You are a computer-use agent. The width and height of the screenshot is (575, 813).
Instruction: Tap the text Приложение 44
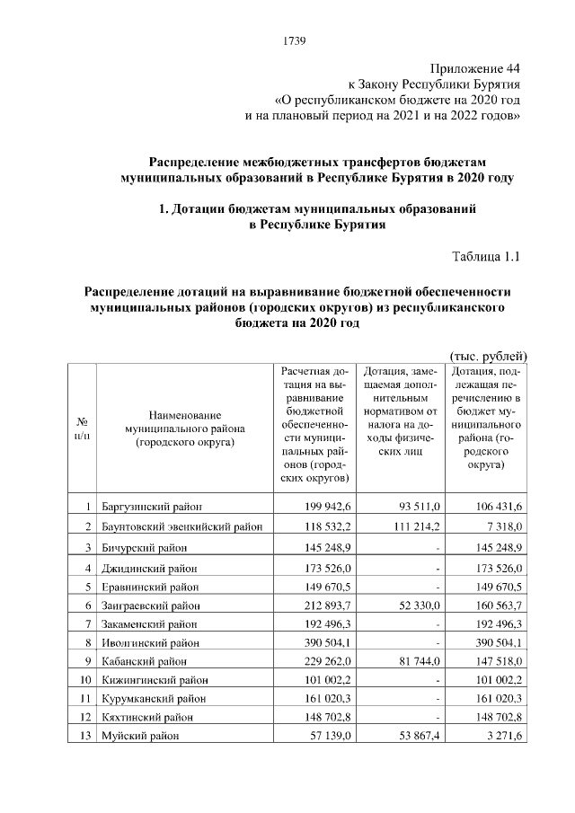point(474,67)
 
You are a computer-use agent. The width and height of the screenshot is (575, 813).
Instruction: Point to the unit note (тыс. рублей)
point(486,357)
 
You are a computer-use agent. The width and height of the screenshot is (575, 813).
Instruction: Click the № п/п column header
point(83,428)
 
